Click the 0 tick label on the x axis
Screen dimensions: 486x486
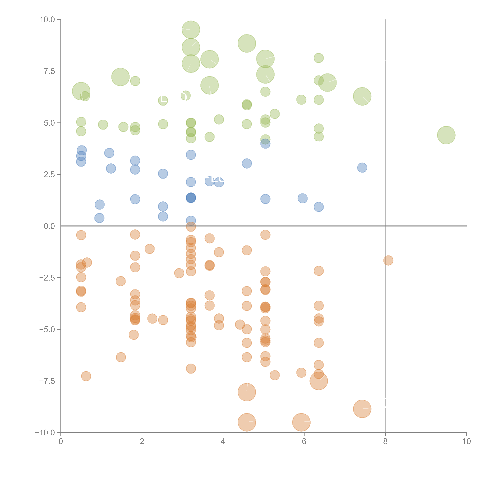[61, 441]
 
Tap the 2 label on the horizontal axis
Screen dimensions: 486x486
[142, 441]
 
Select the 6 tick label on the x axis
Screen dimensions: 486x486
[304, 441]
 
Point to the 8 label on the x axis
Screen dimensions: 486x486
[385, 441]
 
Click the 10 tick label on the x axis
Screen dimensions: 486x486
[466, 441]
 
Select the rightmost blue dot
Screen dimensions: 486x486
[362, 168]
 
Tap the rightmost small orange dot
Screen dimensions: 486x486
[388, 260]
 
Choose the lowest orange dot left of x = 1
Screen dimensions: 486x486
[86, 376]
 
